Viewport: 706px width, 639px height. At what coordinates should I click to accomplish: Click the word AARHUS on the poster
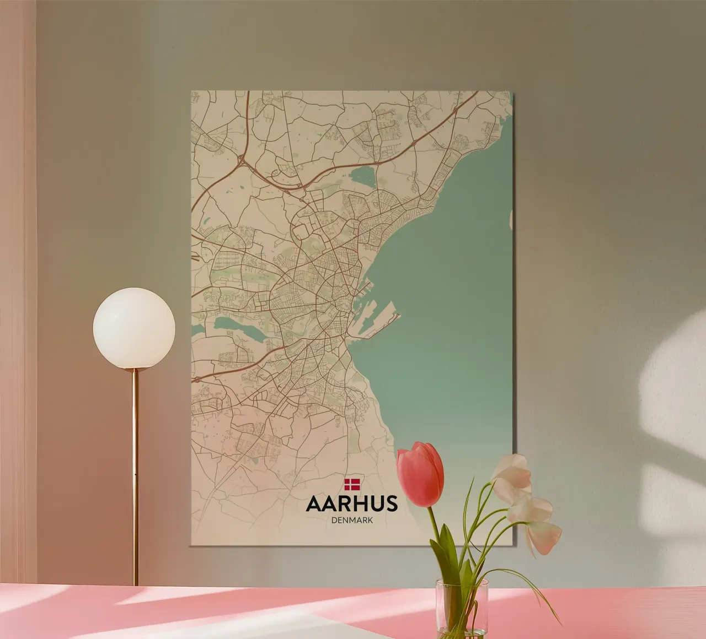point(351,503)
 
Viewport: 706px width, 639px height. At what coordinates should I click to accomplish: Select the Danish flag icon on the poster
point(351,484)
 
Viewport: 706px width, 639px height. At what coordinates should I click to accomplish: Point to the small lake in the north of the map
point(361,177)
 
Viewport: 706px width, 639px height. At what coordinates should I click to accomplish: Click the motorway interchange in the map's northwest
point(242,160)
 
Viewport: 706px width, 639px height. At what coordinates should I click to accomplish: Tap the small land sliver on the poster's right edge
point(511,220)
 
